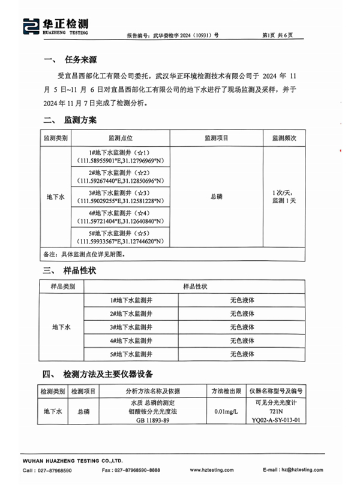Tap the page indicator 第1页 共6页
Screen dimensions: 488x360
point(278,35)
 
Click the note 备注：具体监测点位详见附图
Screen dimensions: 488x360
point(84,254)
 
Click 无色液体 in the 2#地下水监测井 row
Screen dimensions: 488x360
point(242,314)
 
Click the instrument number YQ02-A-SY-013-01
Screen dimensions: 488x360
point(277,420)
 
